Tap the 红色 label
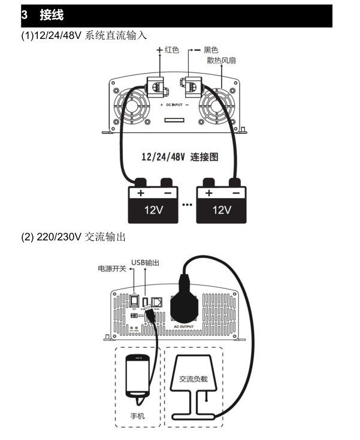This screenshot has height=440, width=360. pyautogui.click(x=172, y=50)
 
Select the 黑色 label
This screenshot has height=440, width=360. pyautogui.click(x=211, y=50)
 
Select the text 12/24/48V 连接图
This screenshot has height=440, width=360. pyautogui.click(x=179, y=157)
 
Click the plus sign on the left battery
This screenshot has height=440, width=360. pyautogui.click(x=141, y=193)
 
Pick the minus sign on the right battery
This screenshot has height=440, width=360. pyautogui.click(x=235, y=193)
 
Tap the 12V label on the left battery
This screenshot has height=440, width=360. pyautogui.click(x=153, y=210)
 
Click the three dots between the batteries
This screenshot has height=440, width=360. pyautogui.click(x=187, y=205)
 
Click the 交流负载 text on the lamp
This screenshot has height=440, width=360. pyautogui.click(x=195, y=379)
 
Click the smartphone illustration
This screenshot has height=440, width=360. pyautogui.click(x=138, y=374)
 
